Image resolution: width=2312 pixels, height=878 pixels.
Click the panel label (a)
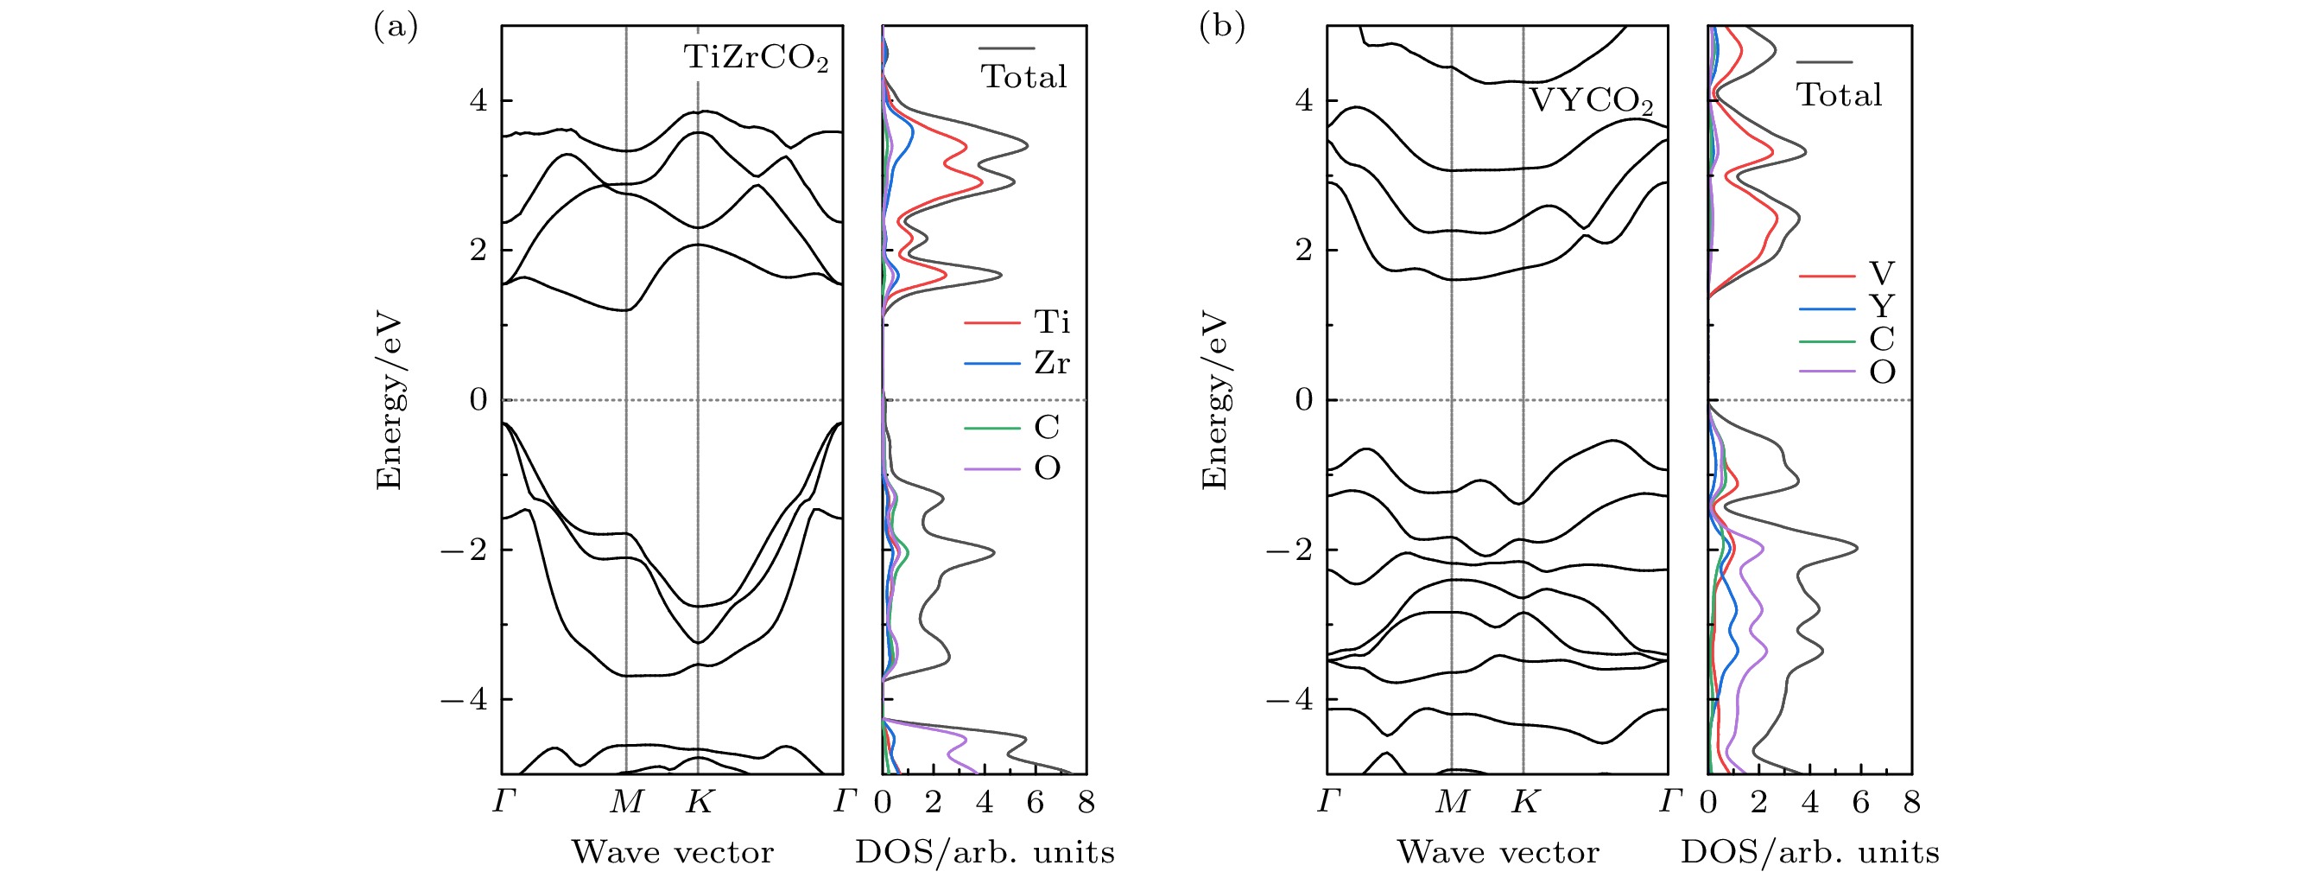(x=395, y=29)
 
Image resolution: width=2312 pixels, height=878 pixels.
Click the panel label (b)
(x=1221, y=29)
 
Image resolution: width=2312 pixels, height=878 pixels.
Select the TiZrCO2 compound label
(x=756, y=60)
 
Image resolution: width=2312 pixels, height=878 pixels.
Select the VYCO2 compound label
(x=1590, y=101)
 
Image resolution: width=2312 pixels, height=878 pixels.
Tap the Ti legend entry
(x=1051, y=321)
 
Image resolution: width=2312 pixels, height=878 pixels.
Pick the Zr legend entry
(x=1051, y=363)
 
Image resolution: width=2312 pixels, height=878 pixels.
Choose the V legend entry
(x=1881, y=274)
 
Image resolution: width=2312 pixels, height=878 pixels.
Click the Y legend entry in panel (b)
(x=1881, y=307)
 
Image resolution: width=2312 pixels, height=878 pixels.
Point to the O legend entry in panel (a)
(x=1047, y=468)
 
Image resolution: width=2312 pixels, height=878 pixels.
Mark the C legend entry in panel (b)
(x=1881, y=340)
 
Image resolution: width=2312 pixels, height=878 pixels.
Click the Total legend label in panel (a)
(x=1024, y=77)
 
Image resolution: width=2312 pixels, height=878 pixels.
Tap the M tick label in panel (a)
(x=625, y=802)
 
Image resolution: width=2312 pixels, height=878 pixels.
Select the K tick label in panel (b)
(x=1525, y=802)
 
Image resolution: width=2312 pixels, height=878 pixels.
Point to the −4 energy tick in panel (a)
(x=463, y=698)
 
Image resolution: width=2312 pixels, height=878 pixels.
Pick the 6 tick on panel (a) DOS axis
(x=1036, y=802)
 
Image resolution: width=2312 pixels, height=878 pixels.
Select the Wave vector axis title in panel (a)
(x=672, y=852)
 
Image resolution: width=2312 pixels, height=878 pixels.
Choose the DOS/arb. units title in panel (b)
(x=1809, y=852)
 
